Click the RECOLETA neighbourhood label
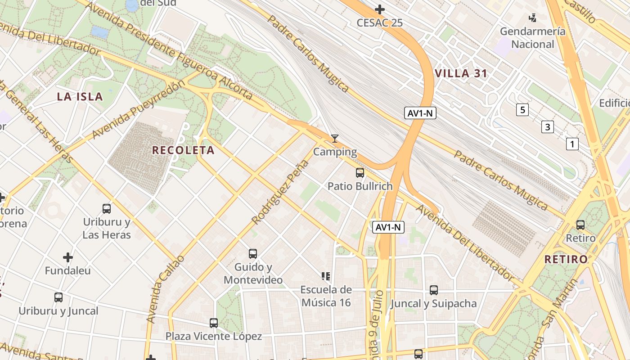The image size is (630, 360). pyautogui.click(x=183, y=150)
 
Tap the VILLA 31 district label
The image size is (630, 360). pyautogui.click(x=461, y=74)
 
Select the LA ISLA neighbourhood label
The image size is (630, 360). pyautogui.click(x=80, y=96)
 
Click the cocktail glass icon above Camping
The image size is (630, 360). pyautogui.click(x=334, y=138)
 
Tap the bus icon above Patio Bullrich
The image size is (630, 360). pyautogui.click(x=360, y=172)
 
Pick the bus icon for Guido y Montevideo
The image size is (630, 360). pyautogui.click(x=253, y=253)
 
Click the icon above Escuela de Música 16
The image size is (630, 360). pyautogui.click(x=326, y=276)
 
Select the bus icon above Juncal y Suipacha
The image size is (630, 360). pyautogui.click(x=433, y=290)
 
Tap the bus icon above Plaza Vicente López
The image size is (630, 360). pyautogui.click(x=214, y=323)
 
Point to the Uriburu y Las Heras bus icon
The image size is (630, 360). pyautogui.click(x=107, y=208)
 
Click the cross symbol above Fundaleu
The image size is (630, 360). pyautogui.click(x=68, y=257)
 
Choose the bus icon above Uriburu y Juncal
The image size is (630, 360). pyautogui.click(x=58, y=297)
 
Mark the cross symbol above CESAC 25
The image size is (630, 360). pyautogui.click(x=380, y=9)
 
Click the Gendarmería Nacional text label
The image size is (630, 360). pyautogui.click(x=533, y=38)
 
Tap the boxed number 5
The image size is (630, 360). pyautogui.click(x=522, y=110)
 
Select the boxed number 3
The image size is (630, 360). pyautogui.click(x=547, y=127)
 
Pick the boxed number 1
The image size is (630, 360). pyautogui.click(x=572, y=144)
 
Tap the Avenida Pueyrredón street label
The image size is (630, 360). pyautogui.click(x=138, y=110)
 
